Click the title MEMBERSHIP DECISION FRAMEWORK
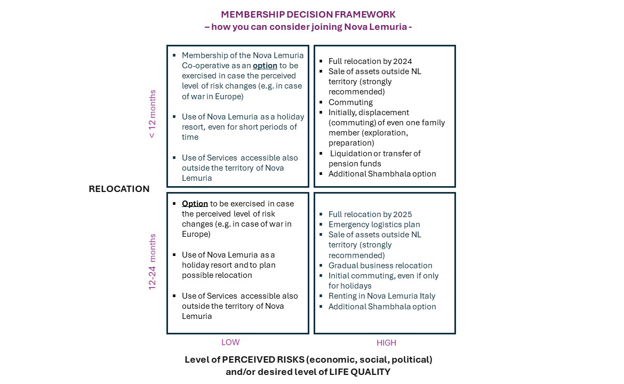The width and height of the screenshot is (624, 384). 308,14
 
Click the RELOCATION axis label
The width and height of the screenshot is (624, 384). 119,189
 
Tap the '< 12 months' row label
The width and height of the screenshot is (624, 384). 153,114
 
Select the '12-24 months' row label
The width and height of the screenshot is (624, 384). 153,262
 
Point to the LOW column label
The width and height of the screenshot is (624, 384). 230,342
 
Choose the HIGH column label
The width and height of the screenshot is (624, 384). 386,343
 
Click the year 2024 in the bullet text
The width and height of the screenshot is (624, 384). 403,61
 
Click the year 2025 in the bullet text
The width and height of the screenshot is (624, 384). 403,214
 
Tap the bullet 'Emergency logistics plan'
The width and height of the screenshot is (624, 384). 374,225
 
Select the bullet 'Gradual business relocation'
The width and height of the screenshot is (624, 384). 380,266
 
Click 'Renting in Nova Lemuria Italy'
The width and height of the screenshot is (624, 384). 382,296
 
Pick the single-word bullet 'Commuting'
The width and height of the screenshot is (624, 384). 350,102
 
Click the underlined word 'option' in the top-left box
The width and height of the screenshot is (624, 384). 265,66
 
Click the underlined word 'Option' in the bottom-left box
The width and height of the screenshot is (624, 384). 195,204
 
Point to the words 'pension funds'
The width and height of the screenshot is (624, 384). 355,164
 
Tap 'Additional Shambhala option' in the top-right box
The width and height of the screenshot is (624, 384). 382,174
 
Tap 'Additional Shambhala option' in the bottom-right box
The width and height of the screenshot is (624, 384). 382,307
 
